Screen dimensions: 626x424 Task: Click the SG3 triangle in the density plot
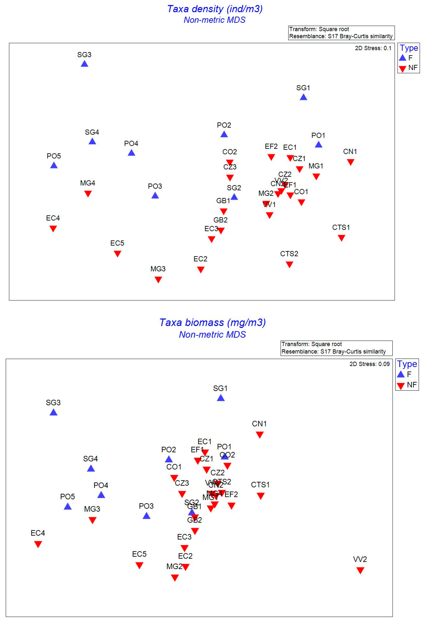coord(85,64)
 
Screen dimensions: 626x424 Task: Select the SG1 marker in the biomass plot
coord(221,398)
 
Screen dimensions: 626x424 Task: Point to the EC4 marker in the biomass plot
coord(38,544)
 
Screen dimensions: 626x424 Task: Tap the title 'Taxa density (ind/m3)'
coord(215,9)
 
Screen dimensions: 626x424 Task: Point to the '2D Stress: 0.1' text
coord(373,48)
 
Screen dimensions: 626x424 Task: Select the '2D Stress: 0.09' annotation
coord(369,364)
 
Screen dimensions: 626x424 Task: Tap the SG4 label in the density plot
coord(92,132)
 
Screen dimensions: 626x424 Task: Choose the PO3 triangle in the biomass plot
coord(146,516)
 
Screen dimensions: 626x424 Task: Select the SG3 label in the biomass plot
coord(53,402)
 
